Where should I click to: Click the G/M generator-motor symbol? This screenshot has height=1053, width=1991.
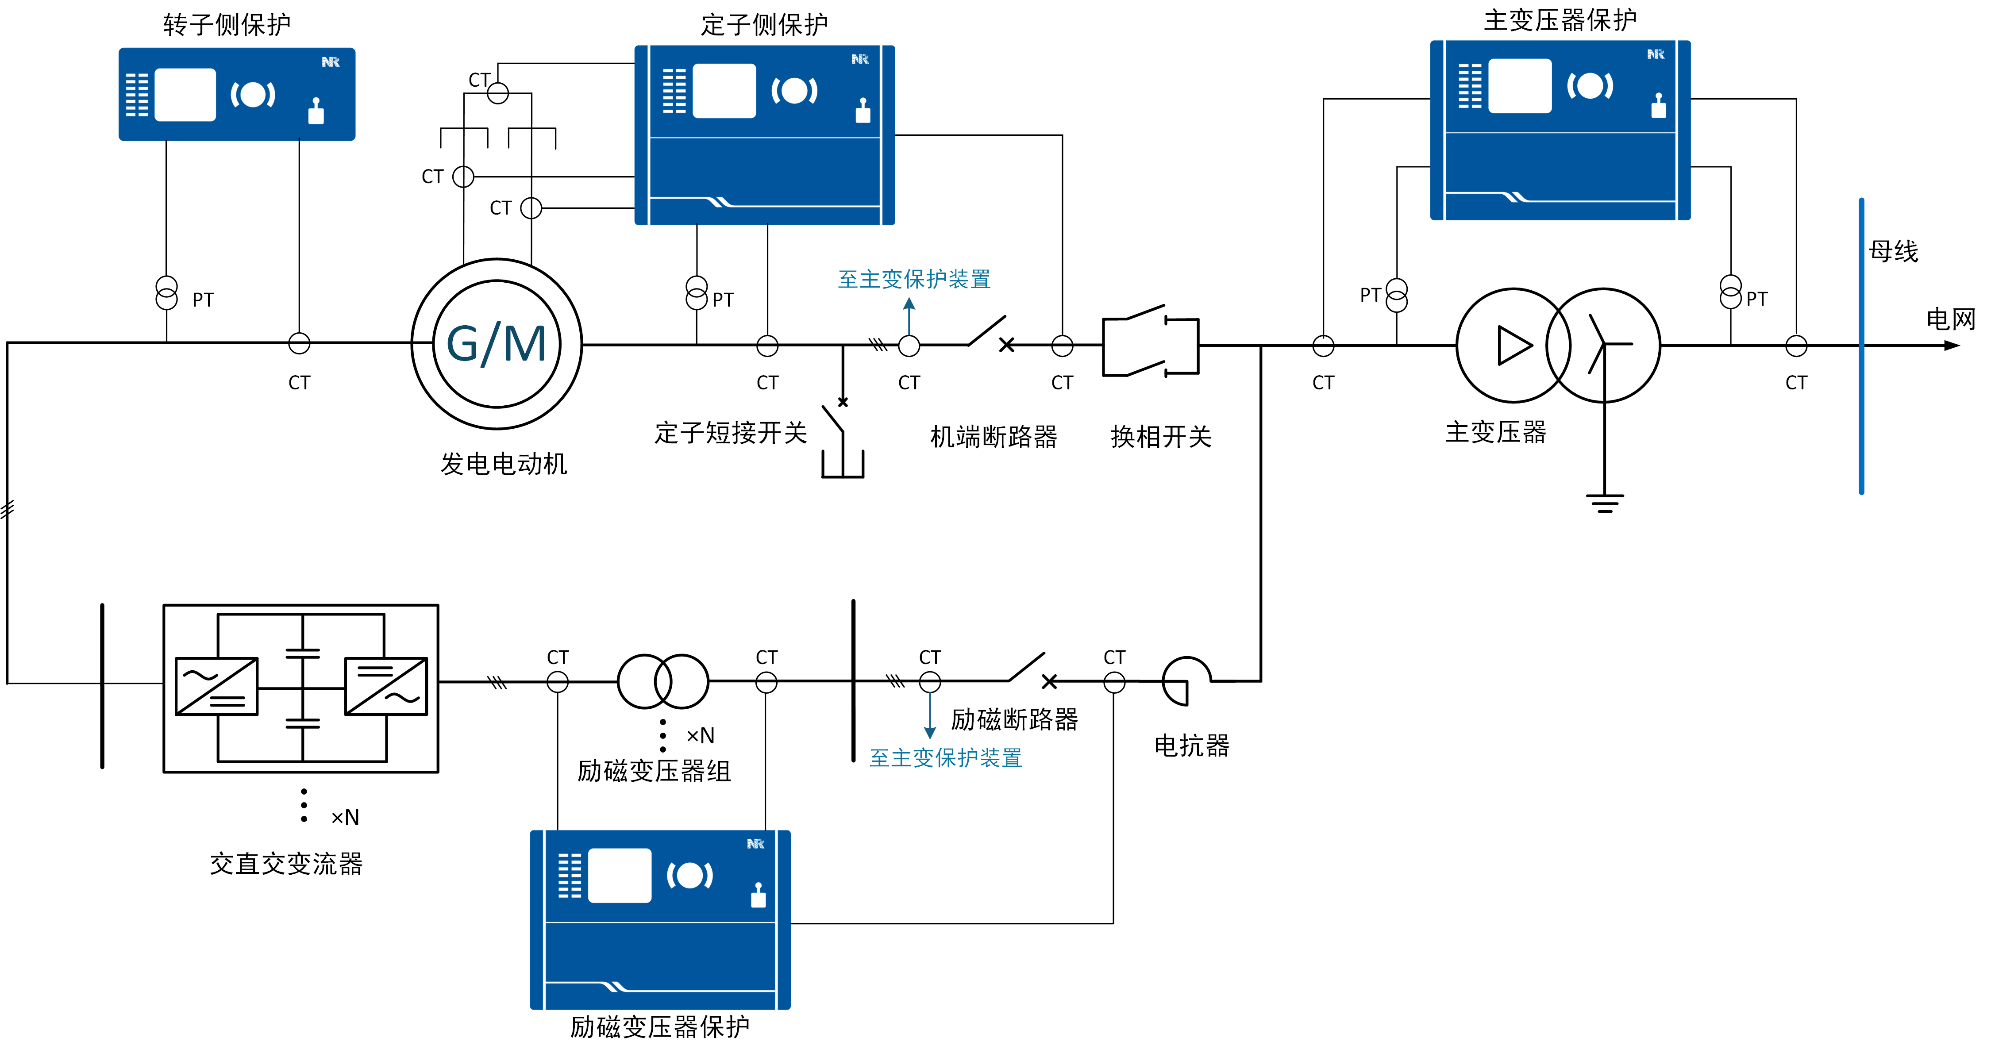tap(496, 344)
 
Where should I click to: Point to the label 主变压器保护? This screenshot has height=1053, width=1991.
tap(1559, 20)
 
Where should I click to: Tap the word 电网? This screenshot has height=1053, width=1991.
tap(1949, 318)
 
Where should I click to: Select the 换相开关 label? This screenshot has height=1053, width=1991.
tap(1160, 437)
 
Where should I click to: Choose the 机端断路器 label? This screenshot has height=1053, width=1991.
tap(993, 437)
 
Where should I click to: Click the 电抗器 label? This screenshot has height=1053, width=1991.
tap(1191, 746)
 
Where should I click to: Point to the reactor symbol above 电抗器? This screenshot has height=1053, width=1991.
tap(1185, 680)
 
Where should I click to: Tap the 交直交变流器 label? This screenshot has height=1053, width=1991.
tap(286, 863)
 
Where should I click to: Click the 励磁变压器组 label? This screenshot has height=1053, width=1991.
tap(654, 770)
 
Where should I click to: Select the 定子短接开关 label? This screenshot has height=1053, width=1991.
tap(730, 433)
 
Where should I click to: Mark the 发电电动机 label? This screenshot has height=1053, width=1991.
tap(503, 464)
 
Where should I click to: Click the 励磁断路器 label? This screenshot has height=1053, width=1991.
tap(1014, 719)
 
